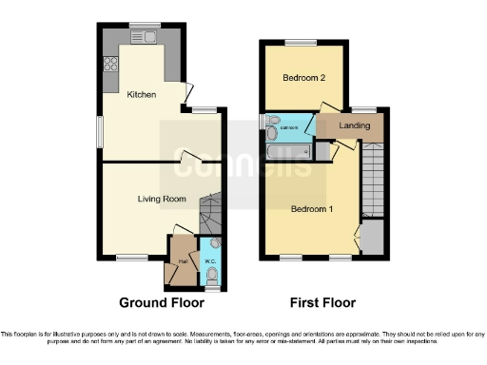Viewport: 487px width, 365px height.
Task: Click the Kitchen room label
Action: point(142,94)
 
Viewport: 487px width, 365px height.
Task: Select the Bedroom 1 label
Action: point(312,209)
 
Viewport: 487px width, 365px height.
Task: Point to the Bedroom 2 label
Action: point(301,79)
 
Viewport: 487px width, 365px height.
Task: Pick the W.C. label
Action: point(211,261)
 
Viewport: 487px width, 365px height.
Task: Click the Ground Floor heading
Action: point(157,303)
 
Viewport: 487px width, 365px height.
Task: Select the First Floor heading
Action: point(322,303)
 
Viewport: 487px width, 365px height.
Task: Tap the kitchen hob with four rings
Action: point(109,66)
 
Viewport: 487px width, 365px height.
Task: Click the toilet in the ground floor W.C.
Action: point(212,277)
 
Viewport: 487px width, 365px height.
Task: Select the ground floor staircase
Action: point(209,213)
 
